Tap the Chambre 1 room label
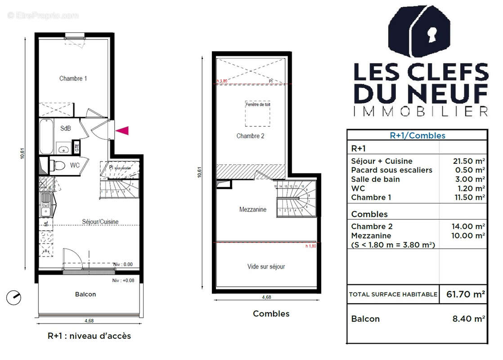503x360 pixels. pyautogui.click(x=73, y=78)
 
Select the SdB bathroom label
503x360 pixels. pyautogui.click(x=65, y=128)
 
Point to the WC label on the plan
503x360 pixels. pyautogui.click(x=75, y=165)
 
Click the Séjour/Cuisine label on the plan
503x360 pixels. pyautogui.click(x=100, y=221)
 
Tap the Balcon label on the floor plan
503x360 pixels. pyautogui.click(x=85, y=294)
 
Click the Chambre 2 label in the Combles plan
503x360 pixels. pyautogui.click(x=250, y=136)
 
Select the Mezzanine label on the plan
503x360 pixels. pyautogui.click(x=252, y=209)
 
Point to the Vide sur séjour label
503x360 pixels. pyautogui.click(x=266, y=266)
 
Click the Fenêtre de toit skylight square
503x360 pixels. pyautogui.click(x=258, y=113)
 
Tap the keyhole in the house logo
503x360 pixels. pyautogui.click(x=420, y=33)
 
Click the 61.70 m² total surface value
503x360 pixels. pyautogui.click(x=465, y=295)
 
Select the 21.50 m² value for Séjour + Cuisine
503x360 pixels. pyautogui.click(x=468, y=161)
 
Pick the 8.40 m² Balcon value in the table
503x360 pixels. pyautogui.click(x=468, y=319)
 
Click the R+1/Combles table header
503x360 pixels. pyautogui.click(x=417, y=135)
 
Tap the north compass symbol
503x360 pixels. pyautogui.click(x=14, y=297)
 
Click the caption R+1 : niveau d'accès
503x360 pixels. pyautogui.click(x=89, y=336)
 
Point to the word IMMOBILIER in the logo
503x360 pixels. pyautogui.click(x=421, y=111)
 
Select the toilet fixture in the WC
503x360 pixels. pyautogui.click(x=57, y=165)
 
